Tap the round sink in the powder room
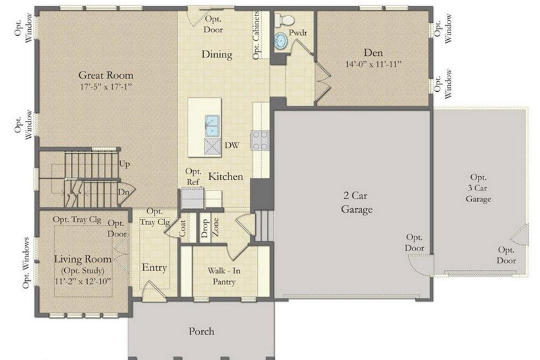point(281,41)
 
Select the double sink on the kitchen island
point(212,126)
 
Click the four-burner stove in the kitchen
point(260,140)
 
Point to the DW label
point(232,145)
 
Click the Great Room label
point(106,75)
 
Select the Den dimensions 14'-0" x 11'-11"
point(373,64)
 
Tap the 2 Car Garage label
point(356,203)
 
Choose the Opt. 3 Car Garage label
point(479,188)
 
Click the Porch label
point(201,332)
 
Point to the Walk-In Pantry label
point(224,276)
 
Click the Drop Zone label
point(210,228)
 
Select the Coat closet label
point(182,228)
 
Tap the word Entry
point(155,267)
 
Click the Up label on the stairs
point(124,164)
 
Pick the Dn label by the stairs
point(124,192)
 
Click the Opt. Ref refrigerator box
point(192,198)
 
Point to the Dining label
point(217,55)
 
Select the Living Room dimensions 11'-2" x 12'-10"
point(82,282)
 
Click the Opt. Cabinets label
point(256,35)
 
